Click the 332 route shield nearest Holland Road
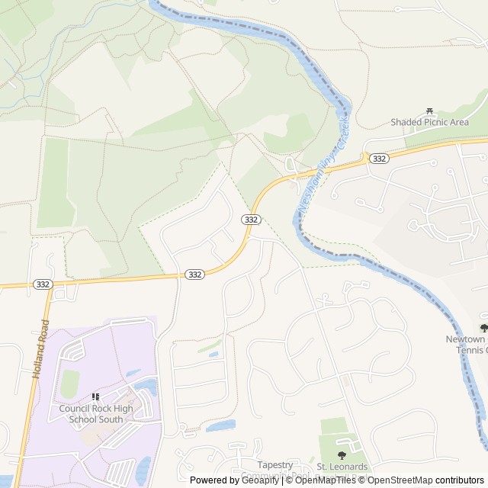click(43, 284)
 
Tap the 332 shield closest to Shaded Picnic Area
click(379, 158)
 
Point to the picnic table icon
click(429, 110)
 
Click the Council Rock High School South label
click(96, 413)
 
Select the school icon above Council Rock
click(96, 396)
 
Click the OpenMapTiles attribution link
click(314, 480)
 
